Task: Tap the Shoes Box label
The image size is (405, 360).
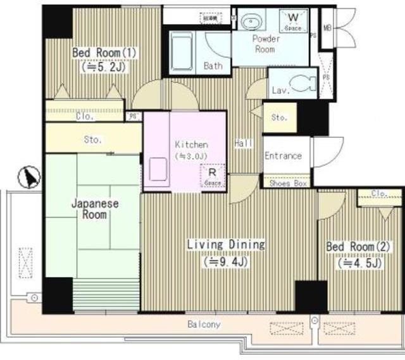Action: click(x=287, y=183)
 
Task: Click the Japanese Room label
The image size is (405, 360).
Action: click(x=89, y=209)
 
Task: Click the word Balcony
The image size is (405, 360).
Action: click(x=204, y=325)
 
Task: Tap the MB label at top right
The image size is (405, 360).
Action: click(x=328, y=28)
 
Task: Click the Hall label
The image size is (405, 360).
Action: click(x=243, y=144)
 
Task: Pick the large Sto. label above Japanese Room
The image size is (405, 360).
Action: click(x=92, y=139)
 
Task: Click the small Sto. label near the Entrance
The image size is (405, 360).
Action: click(x=279, y=118)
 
